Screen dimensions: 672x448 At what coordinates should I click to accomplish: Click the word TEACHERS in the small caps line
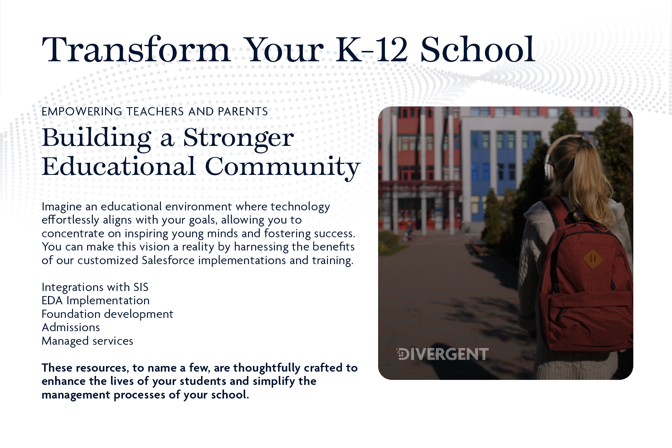(x=155, y=111)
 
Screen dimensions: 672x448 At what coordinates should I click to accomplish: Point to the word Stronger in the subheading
(x=238, y=139)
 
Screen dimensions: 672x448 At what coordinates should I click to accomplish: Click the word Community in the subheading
(x=282, y=167)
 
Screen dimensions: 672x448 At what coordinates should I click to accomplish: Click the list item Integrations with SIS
(x=95, y=287)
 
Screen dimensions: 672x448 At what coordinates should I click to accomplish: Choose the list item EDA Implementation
(x=96, y=301)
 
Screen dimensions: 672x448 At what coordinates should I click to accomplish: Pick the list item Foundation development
(x=108, y=314)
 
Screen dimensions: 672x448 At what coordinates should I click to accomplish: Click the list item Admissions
(x=71, y=327)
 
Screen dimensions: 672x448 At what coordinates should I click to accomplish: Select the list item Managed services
(x=87, y=341)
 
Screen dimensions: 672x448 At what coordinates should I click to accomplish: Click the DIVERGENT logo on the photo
(x=442, y=354)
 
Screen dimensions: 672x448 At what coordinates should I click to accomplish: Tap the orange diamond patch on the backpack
(x=592, y=259)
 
